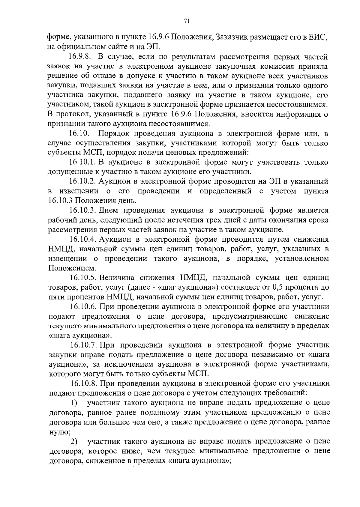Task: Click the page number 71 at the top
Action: tap(186, 21)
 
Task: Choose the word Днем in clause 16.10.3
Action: tap(109, 210)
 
